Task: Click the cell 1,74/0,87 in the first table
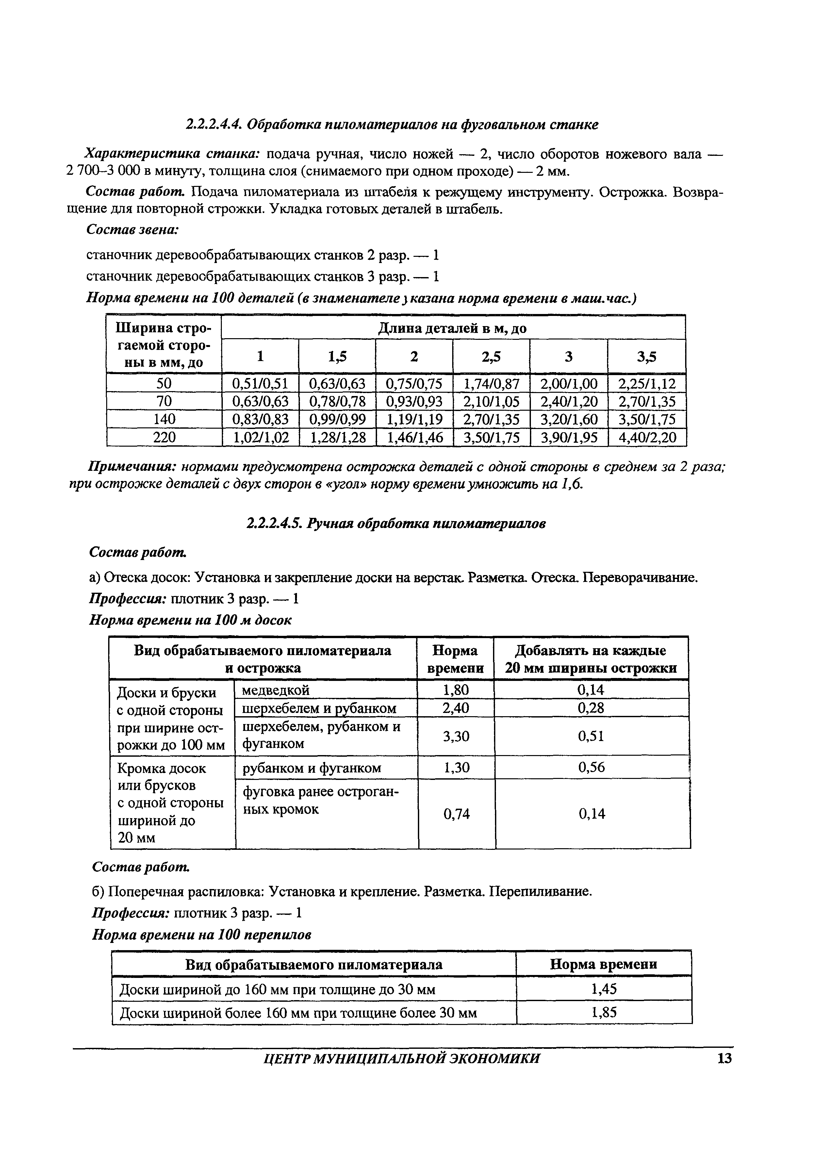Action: tap(491, 383)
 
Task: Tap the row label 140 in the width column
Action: tap(164, 419)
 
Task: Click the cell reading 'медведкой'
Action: tap(276, 690)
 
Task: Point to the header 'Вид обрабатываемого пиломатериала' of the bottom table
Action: tap(314, 965)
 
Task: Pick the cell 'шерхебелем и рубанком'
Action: tap(320, 708)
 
